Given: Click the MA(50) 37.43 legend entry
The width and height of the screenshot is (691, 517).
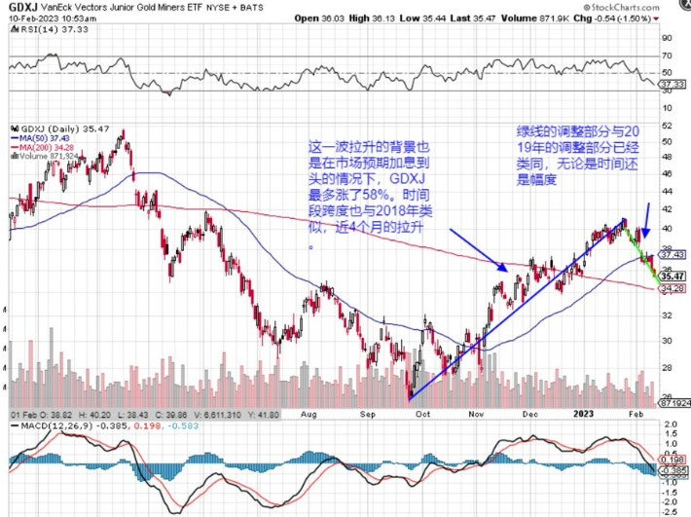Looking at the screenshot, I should pyautogui.click(x=41, y=137).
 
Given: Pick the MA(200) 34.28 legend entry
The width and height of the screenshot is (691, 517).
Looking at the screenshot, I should pyautogui.click(x=44, y=147).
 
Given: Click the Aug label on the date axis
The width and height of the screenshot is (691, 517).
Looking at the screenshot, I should pyautogui.click(x=309, y=413).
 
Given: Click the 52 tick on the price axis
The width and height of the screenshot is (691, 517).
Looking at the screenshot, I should pyautogui.click(x=667, y=126).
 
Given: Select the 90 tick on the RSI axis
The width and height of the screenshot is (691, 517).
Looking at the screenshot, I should pyautogui.click(x=667, y=38).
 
